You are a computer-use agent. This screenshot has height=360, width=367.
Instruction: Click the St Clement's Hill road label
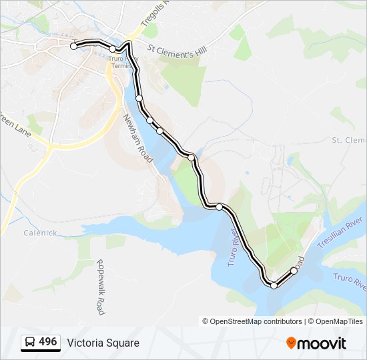[177, 51]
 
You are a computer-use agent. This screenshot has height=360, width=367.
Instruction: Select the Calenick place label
[40, 233]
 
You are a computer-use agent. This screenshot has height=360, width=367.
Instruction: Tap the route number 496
[47, 342]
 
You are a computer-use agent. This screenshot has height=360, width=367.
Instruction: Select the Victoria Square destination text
[103, 343]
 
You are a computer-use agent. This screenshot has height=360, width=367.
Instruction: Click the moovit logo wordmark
[323, 343]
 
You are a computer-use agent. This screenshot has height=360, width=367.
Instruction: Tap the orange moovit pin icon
[292, 343]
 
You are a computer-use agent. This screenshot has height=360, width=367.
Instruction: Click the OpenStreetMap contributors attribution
[252, 321]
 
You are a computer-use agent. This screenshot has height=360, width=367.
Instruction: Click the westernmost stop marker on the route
[74, 46]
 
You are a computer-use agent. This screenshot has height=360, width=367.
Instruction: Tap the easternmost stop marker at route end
[294, 271]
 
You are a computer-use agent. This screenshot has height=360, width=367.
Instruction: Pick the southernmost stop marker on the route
[274, 285]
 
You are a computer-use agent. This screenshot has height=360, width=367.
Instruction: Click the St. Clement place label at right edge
[349, 140]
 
